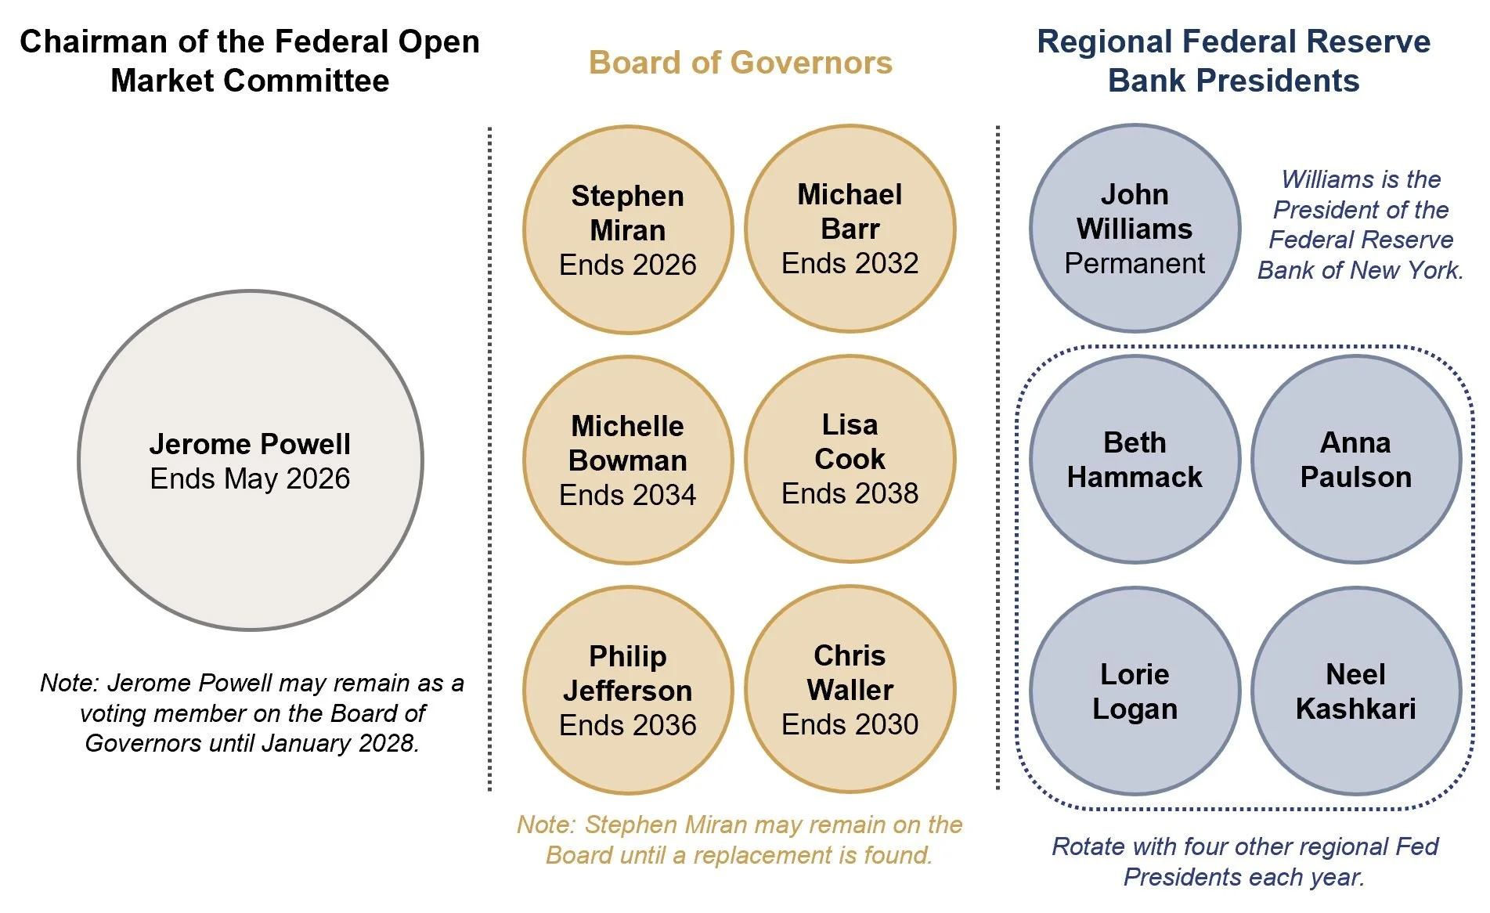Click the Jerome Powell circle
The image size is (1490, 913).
coord(251,460)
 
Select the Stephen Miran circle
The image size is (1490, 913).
coord(628,229)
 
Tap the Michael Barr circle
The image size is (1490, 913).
coord(850,229)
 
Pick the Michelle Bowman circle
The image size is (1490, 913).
coord(628,460)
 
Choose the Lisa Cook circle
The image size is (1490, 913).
coord(850,459)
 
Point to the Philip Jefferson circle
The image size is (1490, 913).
coord(628,690)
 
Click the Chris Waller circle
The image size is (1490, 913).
coord(850,689)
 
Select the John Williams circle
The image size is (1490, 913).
coord(1135,228)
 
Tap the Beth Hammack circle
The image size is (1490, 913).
coord(1135,460)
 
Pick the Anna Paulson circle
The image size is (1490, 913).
coord(1356,460)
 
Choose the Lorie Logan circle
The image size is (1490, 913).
coord(1135,691)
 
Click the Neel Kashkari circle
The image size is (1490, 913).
coord(1356,691)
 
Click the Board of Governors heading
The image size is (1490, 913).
coord(740,63)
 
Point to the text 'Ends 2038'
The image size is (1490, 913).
coord(850,493)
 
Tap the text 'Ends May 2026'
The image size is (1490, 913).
coord(250,478)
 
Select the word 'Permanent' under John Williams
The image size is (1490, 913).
coord(1135,264)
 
